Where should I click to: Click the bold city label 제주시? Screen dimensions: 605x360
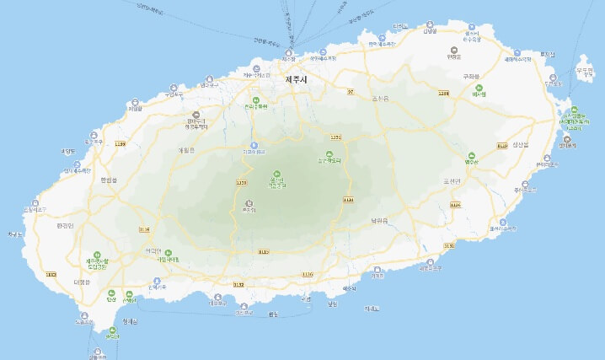coord(297,79)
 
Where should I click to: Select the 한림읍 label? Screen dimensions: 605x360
coord(110,179)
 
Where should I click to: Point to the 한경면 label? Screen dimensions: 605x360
coord(65,225)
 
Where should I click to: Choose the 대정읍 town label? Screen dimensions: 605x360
coord(82,282)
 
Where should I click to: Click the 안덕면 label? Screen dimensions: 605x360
coord(153,250)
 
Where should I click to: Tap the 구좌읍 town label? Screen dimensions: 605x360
coord(471,76)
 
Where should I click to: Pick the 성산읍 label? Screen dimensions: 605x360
coord(520,144)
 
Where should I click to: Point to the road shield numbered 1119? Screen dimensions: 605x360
coord(307,274)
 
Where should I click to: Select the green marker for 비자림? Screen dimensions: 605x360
coord(479,94)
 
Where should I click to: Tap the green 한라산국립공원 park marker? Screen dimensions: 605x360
coord(277,179)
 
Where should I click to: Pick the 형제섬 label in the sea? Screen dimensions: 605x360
coord(129,320)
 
